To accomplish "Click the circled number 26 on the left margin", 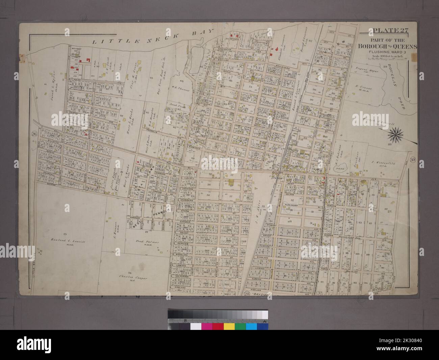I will click(x=34, y=134).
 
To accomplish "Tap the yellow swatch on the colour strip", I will click(x=229, y=326).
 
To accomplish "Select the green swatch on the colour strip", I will click(x=240, y=326).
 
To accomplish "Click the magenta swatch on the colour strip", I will click(x=207, y=326).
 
